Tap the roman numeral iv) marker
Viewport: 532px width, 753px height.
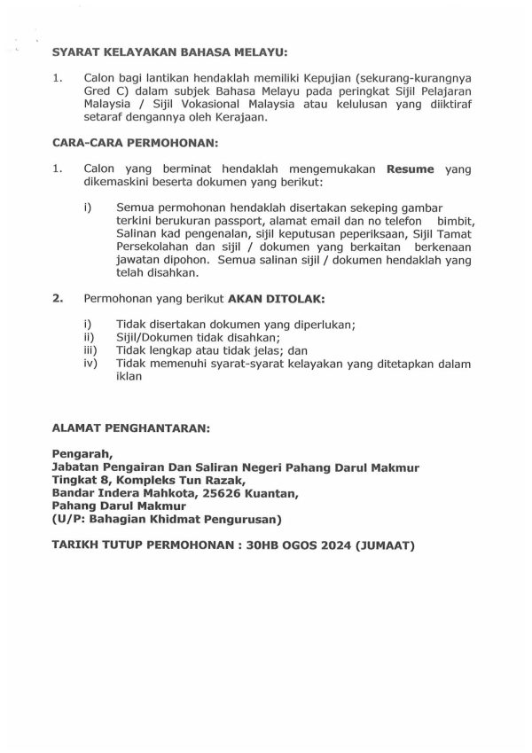coord(88,363)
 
